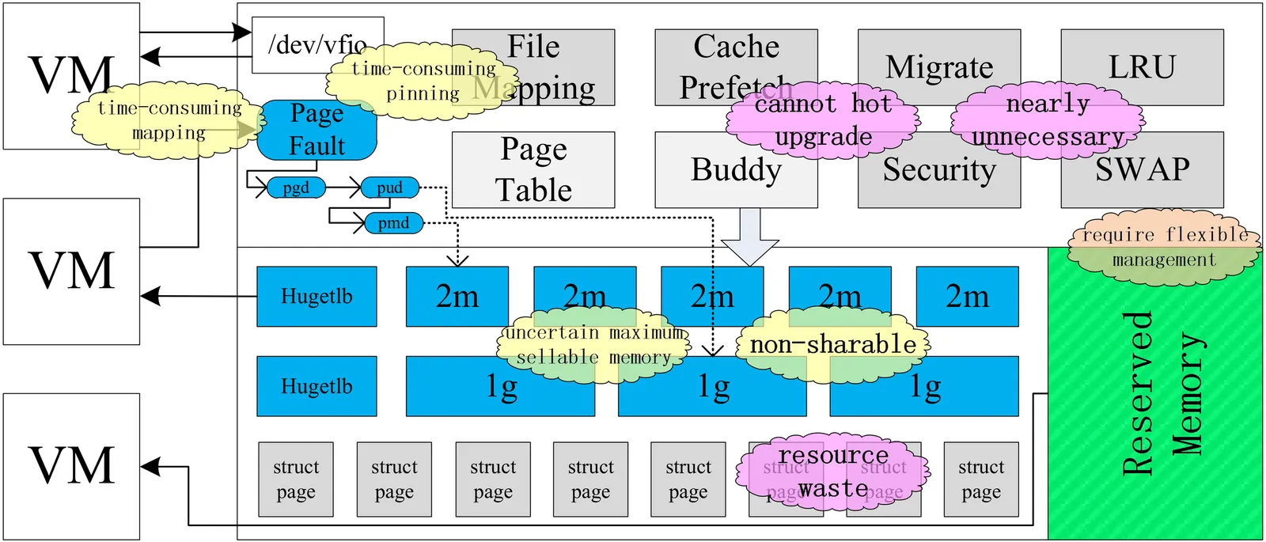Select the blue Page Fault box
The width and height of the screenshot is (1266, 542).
point(316,131)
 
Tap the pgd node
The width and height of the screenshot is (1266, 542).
point(296,188)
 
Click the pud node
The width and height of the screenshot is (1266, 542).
point(389,188)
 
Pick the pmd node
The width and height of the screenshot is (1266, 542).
point(393,223)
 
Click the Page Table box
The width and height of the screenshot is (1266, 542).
point(533,170)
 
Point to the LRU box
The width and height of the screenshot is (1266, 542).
point(1142,66)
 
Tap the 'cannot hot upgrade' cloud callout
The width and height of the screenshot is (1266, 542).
point(823,119)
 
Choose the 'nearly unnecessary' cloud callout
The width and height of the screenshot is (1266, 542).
point(1047,120)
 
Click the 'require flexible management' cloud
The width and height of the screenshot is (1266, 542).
point(1163,247)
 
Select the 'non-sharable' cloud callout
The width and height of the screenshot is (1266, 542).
point(832,345)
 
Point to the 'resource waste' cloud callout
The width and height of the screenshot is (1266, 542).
point(832,472)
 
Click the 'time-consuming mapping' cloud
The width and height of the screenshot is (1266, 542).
point(169,119)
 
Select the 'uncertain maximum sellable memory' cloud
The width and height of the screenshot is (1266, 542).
point(593,345)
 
